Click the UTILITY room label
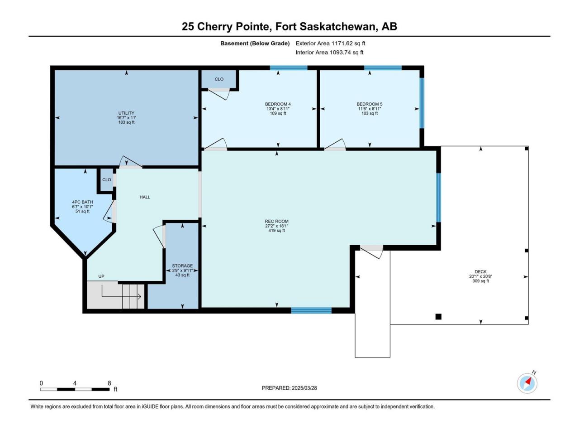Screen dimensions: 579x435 (x=126, y=113)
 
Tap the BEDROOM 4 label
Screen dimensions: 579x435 (x=278, y=104)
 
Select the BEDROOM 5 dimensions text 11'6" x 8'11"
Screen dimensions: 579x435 (x=369, y=109)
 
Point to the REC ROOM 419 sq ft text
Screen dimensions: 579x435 (x=276, y=231)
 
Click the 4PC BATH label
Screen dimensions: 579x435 (x=83, y=202)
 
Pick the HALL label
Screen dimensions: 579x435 (x=145, y=197)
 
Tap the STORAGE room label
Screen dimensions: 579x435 (x=182, y=266)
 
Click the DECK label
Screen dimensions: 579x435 (x=480, y=271)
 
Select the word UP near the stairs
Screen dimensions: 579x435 (x=101, y=276)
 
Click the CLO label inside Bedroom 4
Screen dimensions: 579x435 (x=219, y=79)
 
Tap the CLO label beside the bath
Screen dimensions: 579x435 (x=107, y=180)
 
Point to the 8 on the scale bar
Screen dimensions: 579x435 (x=109, y=383)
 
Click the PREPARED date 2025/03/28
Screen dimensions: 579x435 (x=304, y=388)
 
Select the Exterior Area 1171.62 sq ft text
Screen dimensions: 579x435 (x=330, y=43)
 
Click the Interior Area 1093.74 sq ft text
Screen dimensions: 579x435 (x=329, y=53)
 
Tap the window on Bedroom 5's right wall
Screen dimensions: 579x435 (x=422, y=103)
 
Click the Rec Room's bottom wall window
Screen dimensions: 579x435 (x=311, y=310)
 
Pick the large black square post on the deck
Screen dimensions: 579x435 (x=438, y=316)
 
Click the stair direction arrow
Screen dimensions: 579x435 (x=121, y=297)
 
